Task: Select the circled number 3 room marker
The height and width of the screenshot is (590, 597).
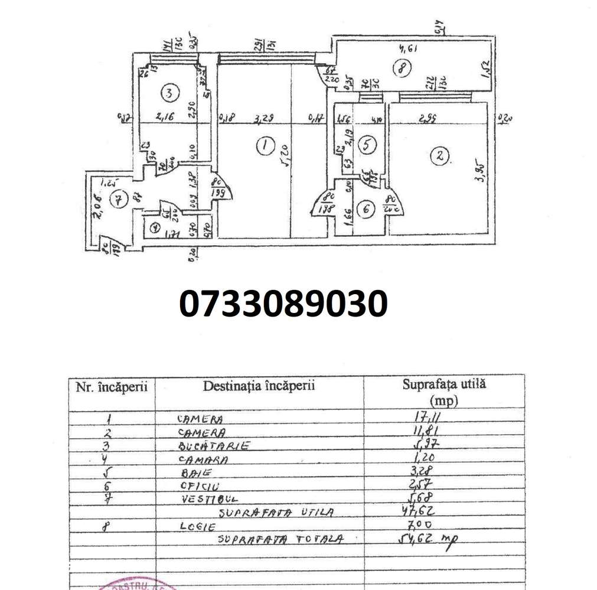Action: coord(169,93)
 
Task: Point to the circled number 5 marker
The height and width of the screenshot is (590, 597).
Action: coord(367,145)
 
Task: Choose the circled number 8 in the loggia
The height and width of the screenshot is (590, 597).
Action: coord(401,69)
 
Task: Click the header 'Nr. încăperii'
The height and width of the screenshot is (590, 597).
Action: coord(112,387)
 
